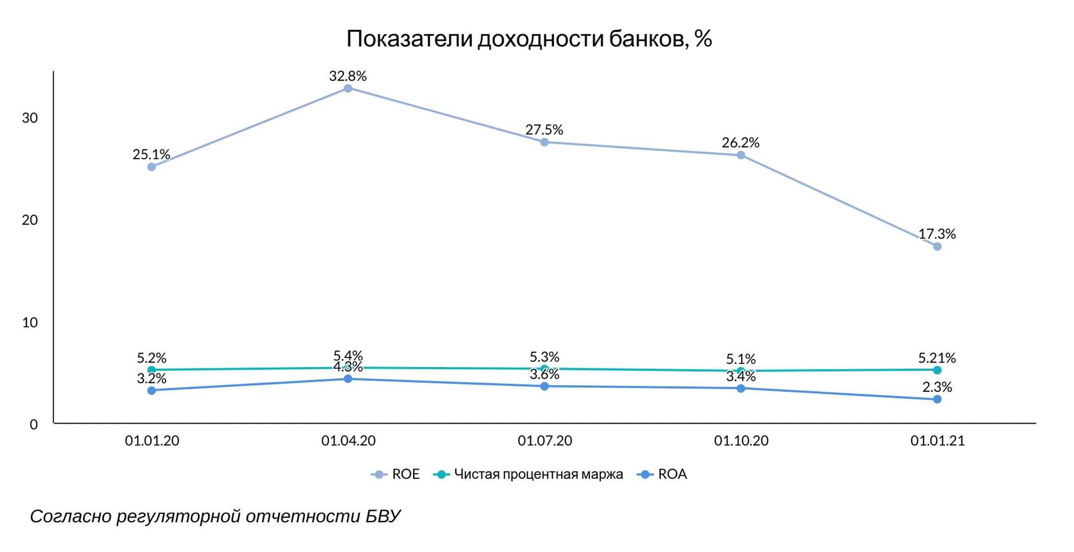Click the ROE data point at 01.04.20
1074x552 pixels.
click(348, 89)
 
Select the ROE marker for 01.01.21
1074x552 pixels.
click(937, 247)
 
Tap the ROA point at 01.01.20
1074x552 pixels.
click(152, 390)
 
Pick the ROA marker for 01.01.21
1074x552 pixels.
click(937, 399)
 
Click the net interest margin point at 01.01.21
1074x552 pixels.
click(937, 370)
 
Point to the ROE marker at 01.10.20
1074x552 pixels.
click(741, 155)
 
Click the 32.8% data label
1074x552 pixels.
click(348, 76)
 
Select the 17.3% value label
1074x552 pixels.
click(937, 234)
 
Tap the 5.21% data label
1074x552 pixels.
click(937, 358)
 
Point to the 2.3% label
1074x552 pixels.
click(937, 387)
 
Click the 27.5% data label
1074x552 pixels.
click(544, 130)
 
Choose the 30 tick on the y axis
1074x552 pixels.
click(30, 118)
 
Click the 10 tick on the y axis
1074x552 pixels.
click(30, 322)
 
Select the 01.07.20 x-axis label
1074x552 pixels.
click(545, 441)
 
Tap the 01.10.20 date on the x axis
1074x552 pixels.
click(741, 441)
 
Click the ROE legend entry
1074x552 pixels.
click(395, 474)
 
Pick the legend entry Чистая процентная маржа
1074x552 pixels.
click(529, 474)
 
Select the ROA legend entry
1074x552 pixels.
click(662, 474)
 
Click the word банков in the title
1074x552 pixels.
click(649, 39)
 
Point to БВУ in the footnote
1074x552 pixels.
click(383, 516)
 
